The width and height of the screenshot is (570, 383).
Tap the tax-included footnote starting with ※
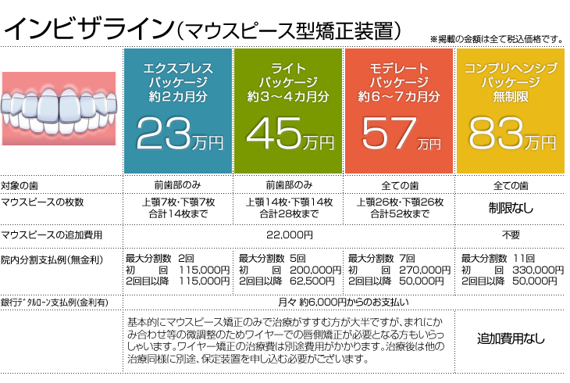tap(497, 38)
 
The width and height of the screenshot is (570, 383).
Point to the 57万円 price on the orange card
tap(401, 134)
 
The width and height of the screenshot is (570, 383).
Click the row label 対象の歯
tap(21, 185)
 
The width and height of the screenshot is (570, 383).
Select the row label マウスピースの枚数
tap(42, 202)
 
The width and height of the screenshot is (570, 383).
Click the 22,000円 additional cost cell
tap(289, 234)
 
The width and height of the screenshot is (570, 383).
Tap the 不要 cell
tap(511, 234)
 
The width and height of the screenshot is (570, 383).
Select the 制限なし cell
tap(511, 208)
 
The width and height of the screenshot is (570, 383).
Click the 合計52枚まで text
tap(400, 213)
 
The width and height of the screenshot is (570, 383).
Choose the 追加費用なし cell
tap(511, 339)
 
